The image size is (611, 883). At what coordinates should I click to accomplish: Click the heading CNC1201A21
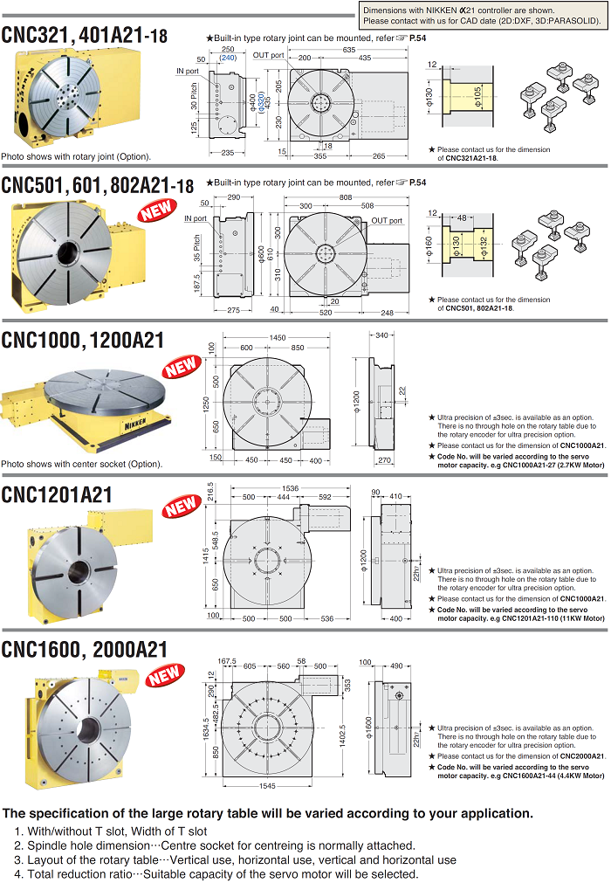point(58,495)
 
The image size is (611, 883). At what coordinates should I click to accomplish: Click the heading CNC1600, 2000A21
point(85,649)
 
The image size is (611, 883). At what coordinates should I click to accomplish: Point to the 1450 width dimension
point(278,337)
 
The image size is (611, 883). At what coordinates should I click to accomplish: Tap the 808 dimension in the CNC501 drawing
point(346,197)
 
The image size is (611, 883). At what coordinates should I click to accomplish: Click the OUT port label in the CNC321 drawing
point(268,55)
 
